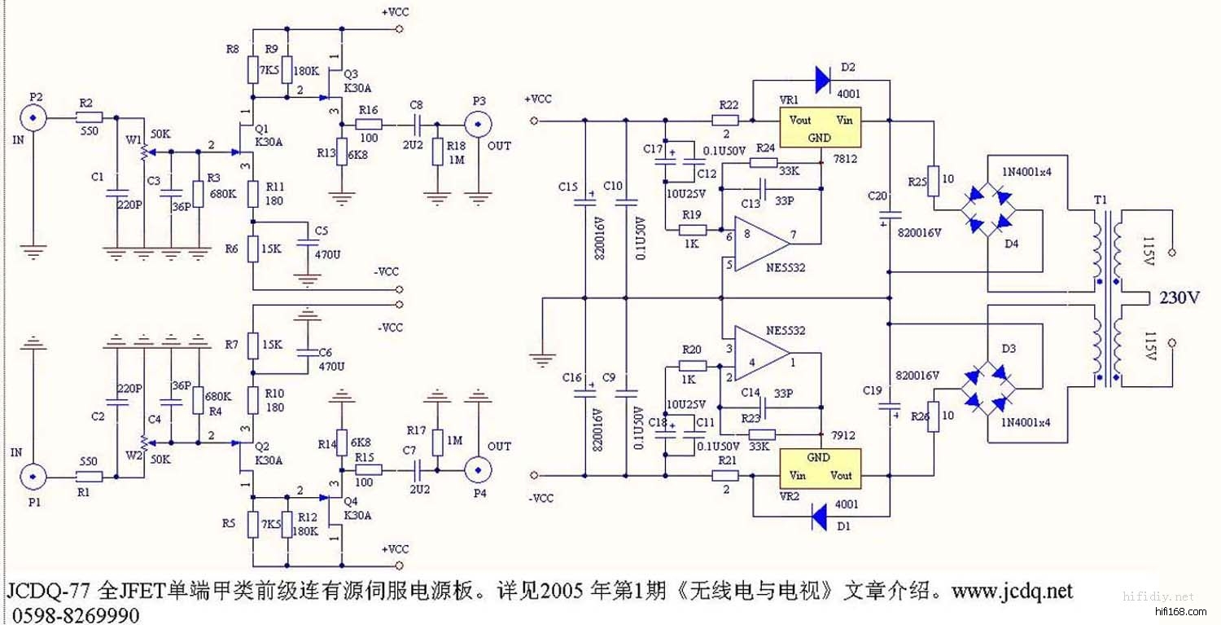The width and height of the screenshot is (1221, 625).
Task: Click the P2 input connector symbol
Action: point(33,119)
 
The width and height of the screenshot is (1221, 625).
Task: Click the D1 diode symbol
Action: point(821,516)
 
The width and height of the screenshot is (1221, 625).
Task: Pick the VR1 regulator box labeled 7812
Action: point(820,129)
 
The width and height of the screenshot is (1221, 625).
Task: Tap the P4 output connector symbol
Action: point(479,470)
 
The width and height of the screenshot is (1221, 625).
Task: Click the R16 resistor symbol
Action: point(368,125)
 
